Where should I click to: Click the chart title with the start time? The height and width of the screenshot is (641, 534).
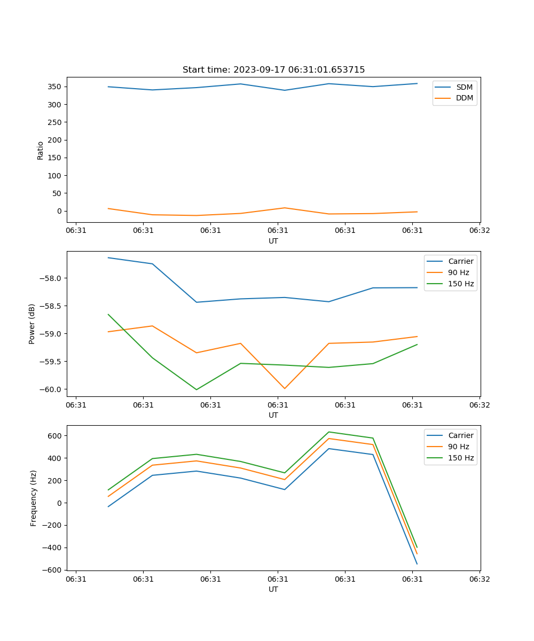coord(273,70)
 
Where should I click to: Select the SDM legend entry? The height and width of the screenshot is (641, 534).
coord(464,87)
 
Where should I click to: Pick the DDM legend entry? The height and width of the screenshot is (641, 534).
coord(464,98)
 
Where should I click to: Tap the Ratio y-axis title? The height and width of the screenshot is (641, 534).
coord(41,150)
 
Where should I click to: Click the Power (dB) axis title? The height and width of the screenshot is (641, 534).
coord(32,324)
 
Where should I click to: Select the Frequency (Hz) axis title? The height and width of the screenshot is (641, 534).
coord(34,498)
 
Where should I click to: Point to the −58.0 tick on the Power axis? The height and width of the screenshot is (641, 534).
coord(52,278)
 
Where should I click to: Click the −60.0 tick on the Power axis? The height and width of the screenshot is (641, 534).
coord(52,389)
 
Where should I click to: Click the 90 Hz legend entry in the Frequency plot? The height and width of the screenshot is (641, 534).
coord(458,447)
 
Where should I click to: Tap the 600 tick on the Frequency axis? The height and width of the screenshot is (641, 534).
coord(55,436)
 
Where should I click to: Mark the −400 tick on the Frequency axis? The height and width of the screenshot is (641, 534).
coord(52,548)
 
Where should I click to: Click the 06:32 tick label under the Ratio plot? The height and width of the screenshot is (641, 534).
coord(479,231)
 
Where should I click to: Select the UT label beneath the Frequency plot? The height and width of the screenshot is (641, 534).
coord(273,589)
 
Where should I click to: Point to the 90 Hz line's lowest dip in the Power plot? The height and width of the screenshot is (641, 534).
coord(285,388)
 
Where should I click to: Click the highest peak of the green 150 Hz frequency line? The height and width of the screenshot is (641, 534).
coord(329,432)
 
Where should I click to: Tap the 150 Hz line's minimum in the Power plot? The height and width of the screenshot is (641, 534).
coord(197,389)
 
